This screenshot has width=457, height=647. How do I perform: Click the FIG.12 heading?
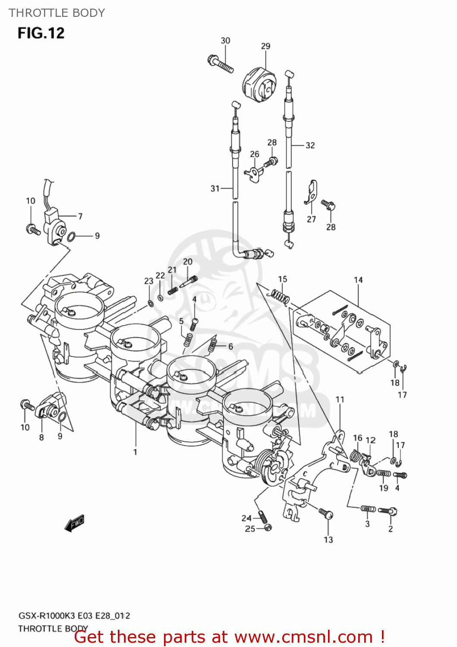pyautogui.click(x=41, y=33)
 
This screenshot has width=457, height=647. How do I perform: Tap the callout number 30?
pyautogui.click(x=225, y=41)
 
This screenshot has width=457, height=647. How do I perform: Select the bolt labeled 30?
pyautogui.click(x=221, y=64)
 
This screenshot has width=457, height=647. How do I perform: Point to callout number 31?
pyautogui.click(x=215, y=188)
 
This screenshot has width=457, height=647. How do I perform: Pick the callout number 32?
pyautogui.click(x=310, y=145)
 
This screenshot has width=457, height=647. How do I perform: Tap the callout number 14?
pyautogui.click(x=358, y=280)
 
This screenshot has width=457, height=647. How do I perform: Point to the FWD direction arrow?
pyautogui.click(x=74, y=523)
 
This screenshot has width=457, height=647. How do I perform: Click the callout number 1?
pyautogui.click(x=135, y=452)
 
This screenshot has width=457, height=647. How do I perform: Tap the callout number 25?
pyautogui.click(x=250, y=529)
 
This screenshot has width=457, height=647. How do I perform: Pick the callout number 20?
pyautogui.click(x=188, y=261)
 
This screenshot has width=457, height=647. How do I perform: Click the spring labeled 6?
pyautogui.click(x=212, y=344)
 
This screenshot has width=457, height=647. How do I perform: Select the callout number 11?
pyautogui.click(x=340, y=399)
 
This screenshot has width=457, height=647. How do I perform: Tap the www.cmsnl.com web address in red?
pyautogui.click(x=303, y=637)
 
